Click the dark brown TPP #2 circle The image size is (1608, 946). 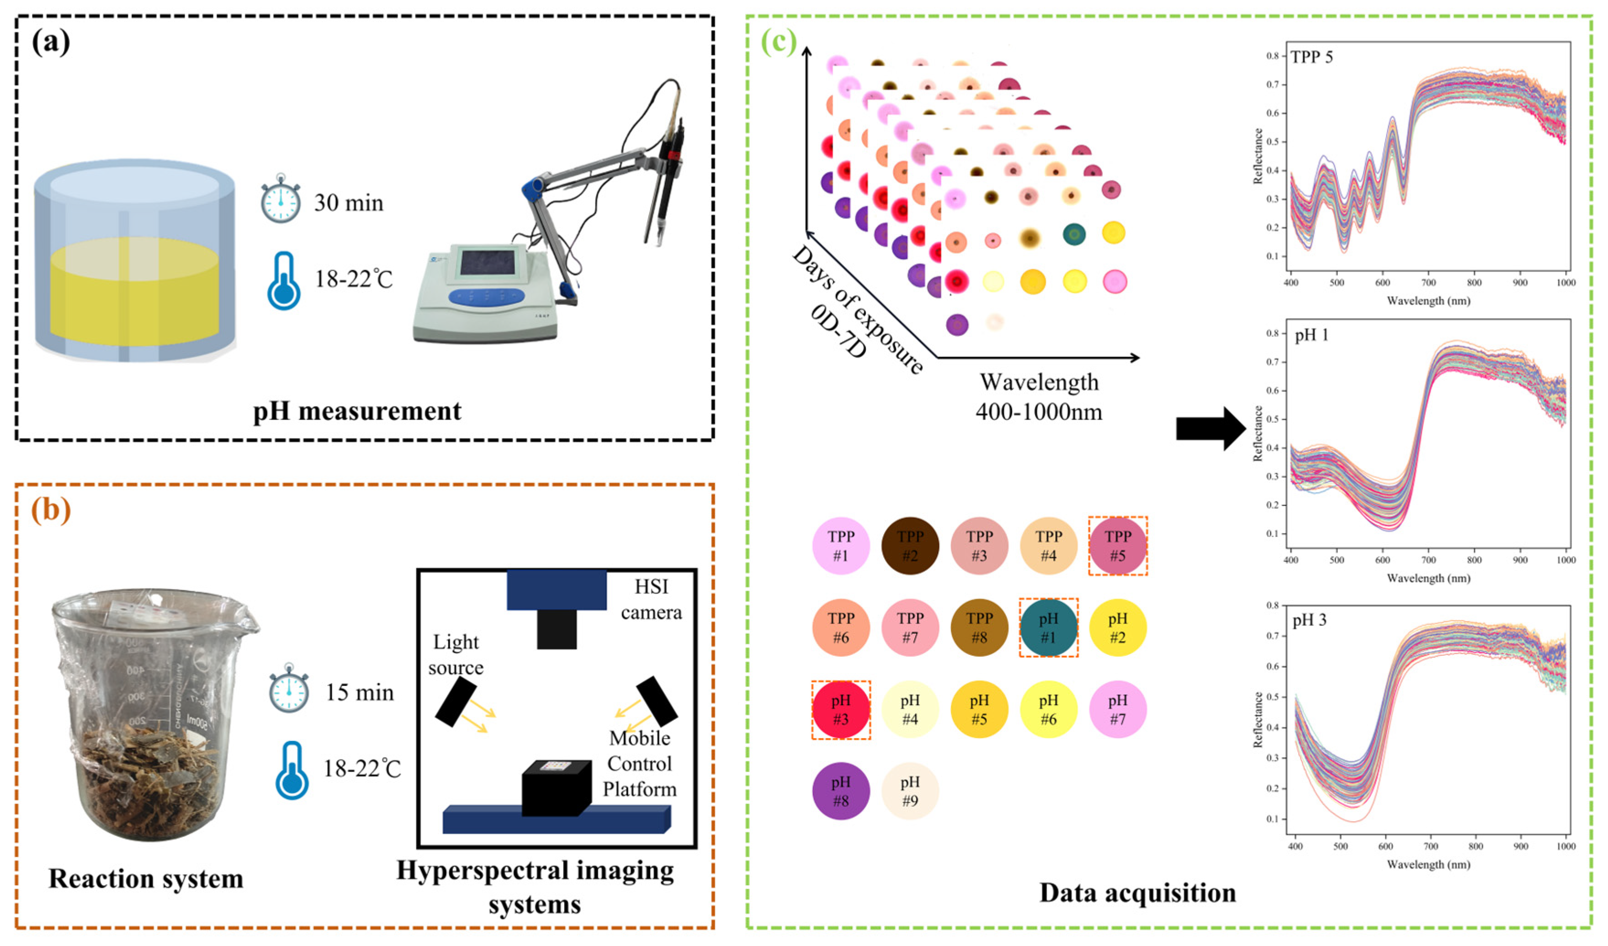[910, 546]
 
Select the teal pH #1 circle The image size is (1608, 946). [1048, 627]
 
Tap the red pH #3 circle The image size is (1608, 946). [841, 710]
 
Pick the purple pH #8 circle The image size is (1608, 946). [841, 792]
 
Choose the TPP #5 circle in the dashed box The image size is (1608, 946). [1117, 546]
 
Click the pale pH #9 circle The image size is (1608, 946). [910, 792]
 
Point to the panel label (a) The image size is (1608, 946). [51, 43]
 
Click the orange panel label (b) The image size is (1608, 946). [51, 510]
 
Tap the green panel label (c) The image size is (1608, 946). [779, 43]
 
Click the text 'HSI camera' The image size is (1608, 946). [651, 600]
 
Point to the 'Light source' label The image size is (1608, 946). [456, 654]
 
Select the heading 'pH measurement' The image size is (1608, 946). [357, 412]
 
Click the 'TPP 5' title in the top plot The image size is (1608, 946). [1311, 58]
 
